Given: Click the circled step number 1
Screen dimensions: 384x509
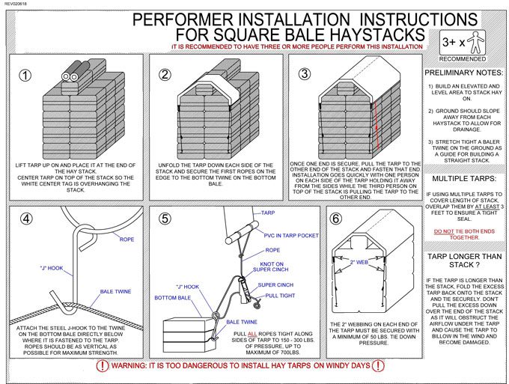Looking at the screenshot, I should (27, 75).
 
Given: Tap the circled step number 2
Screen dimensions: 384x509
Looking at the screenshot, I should (165, 75).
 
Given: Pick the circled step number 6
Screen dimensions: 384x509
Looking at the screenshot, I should (337, 219).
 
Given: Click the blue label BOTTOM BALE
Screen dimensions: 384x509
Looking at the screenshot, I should (173, 298).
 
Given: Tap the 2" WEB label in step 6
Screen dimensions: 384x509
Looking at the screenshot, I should (359, 262).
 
